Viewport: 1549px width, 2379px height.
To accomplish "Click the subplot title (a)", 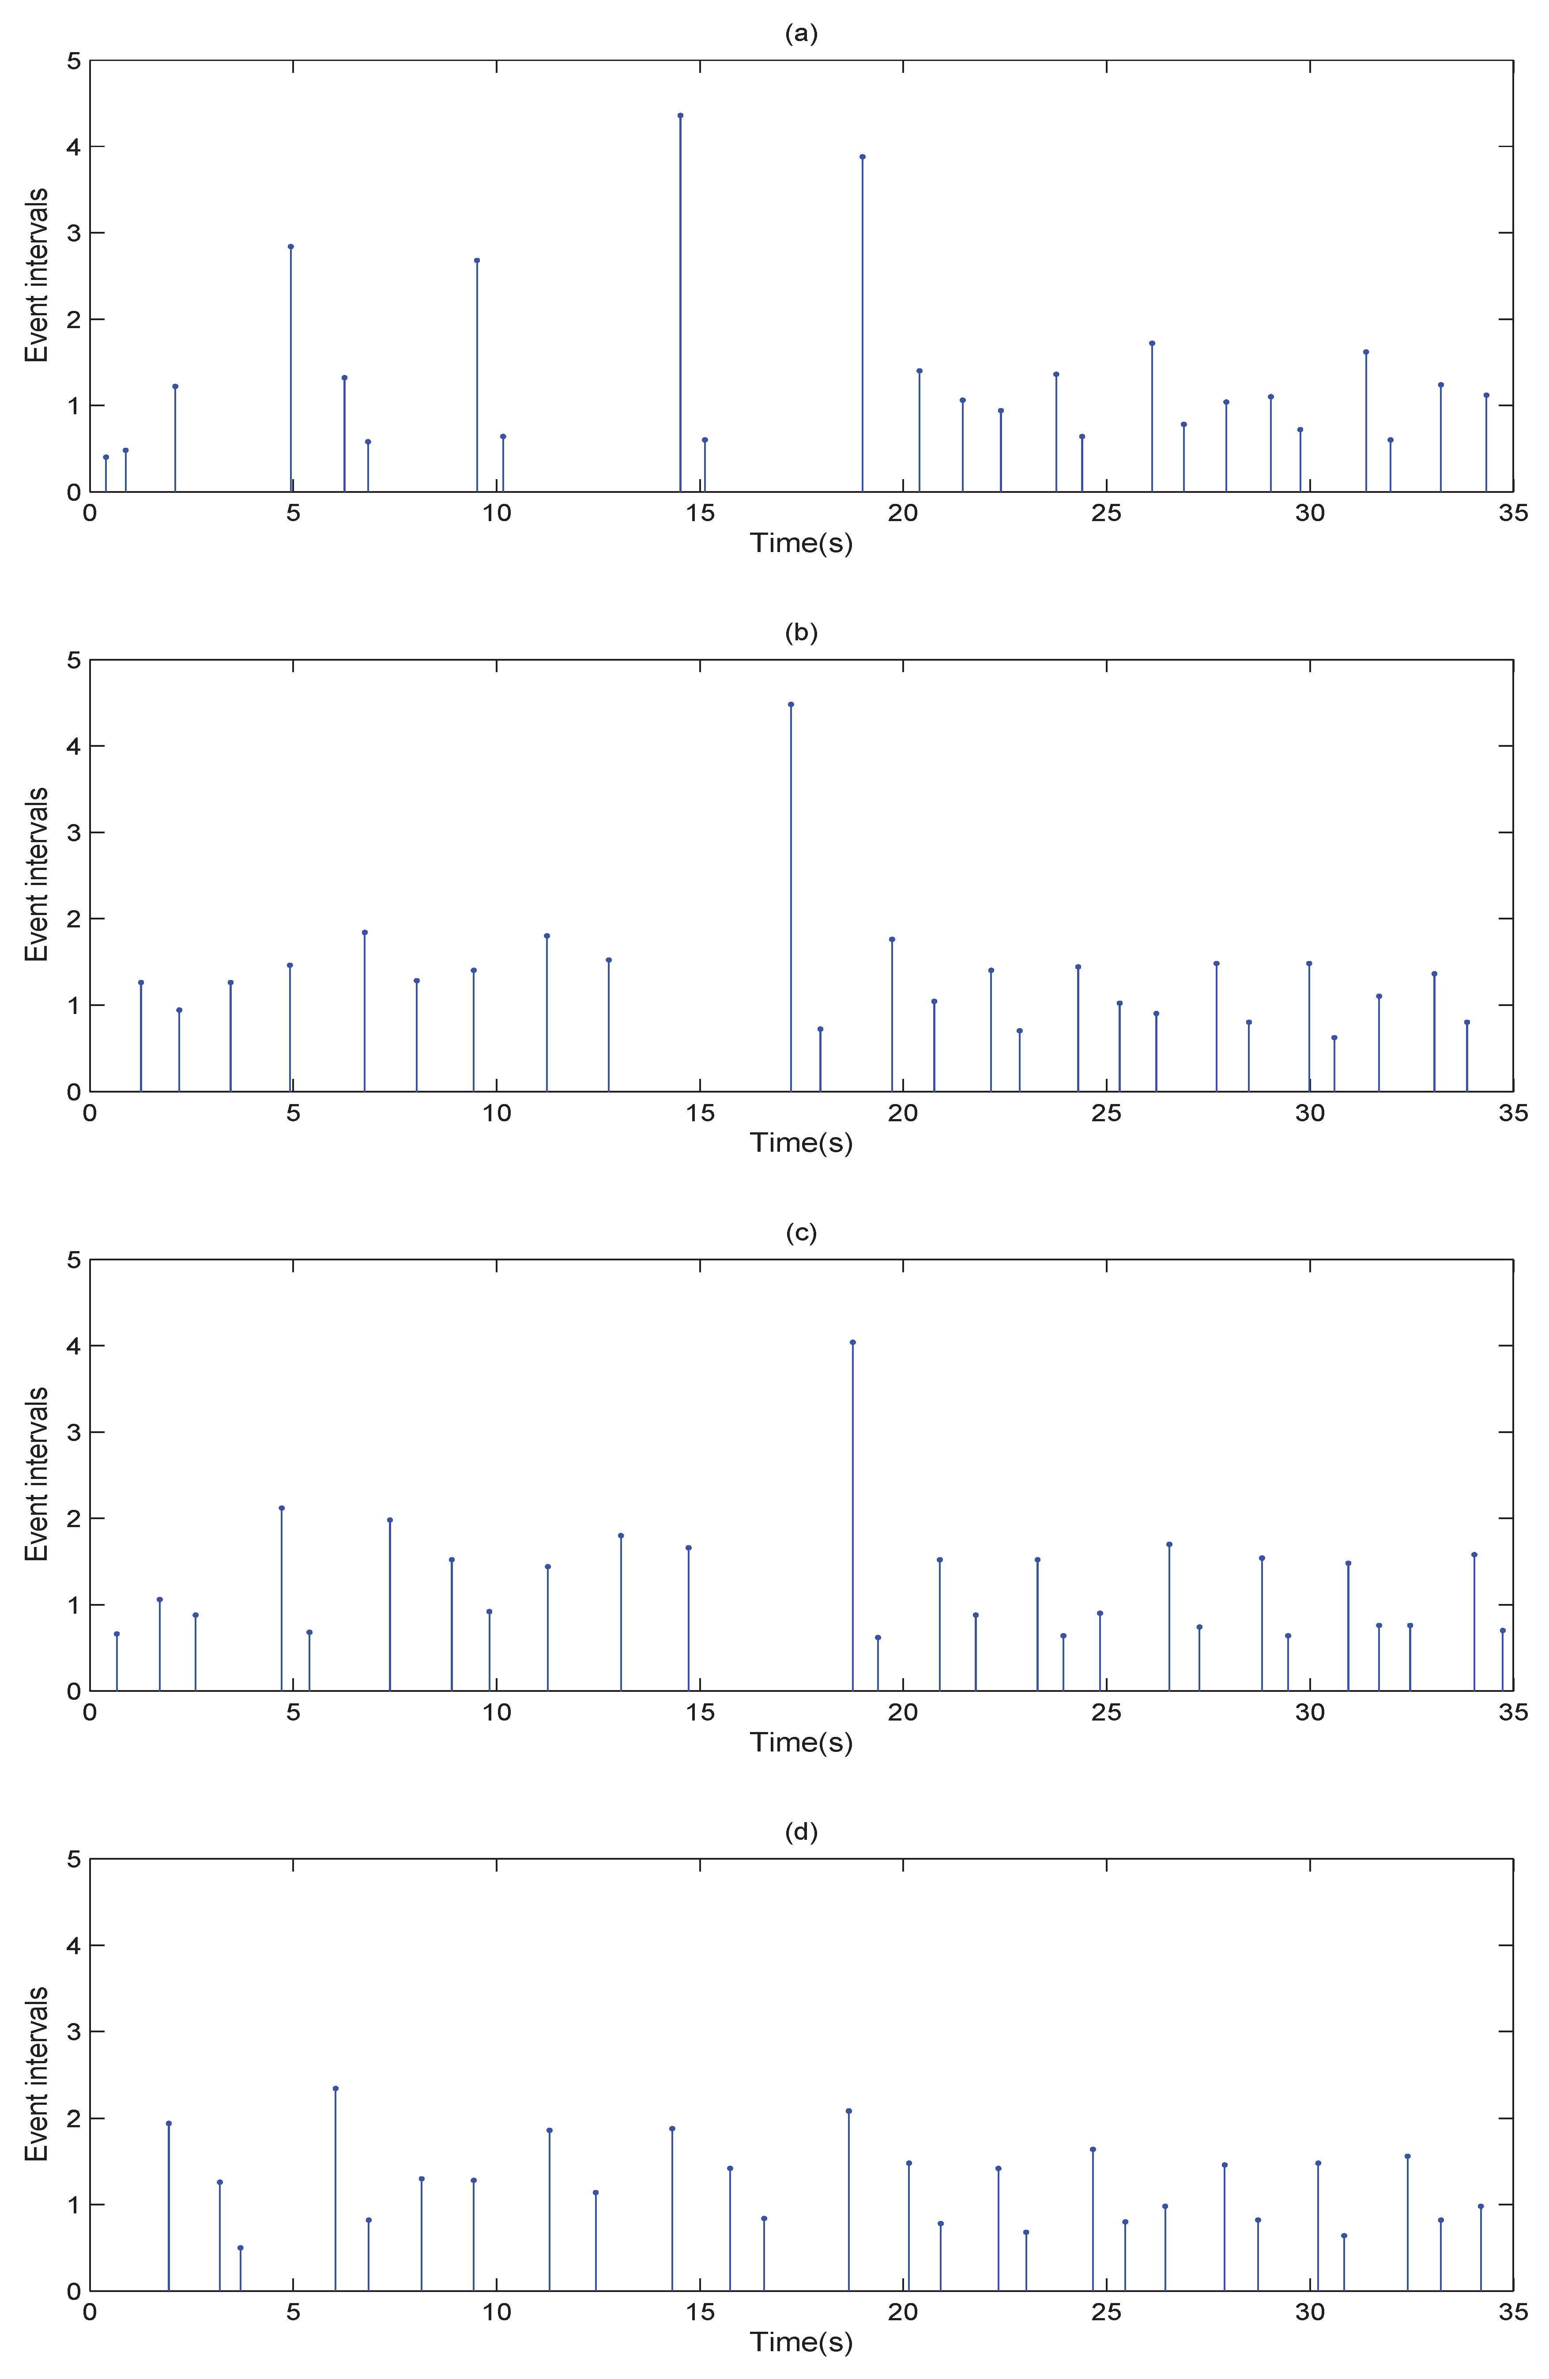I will [802, 34].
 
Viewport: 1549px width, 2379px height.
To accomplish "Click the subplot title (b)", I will [802, 633].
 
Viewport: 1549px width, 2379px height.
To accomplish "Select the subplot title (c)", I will [802, 1233].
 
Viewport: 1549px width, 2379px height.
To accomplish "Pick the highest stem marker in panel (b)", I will [791, 705].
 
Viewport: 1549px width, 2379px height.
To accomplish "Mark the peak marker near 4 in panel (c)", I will [852, 1343].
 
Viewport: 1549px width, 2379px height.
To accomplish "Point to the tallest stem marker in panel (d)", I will [336, 2088].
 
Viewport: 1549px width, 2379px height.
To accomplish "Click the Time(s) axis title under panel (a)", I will [802, 543].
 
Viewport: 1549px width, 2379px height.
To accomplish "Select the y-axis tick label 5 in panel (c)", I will [73, 1260].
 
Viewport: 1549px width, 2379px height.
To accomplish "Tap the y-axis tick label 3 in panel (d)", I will [73, 2032].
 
